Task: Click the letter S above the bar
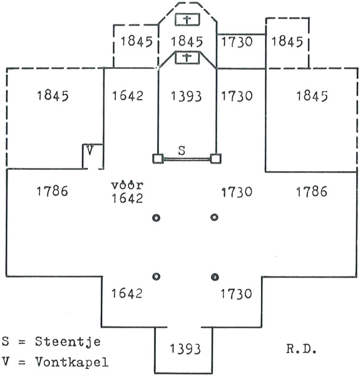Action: click(x=182, y=150)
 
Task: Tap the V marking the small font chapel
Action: click(x=90, y=150)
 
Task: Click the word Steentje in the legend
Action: click(x=68, y=342)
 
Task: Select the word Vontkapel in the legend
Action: click(x=72, y=362)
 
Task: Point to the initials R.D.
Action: click(x=301, y=350)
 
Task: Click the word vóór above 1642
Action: click(x=127, y=185)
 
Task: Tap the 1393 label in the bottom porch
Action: click(x=185, y=349)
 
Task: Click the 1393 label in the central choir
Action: click(x=186, y=96)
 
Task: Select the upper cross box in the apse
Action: click(x=187, y=19)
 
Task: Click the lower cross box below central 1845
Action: click(x=187, y=58)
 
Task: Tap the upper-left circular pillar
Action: click(x=156, y=217)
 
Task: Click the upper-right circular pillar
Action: click(x=214, y=217)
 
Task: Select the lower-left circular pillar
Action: click(x=156, y=276)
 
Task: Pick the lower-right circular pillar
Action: click(x=215, y=277)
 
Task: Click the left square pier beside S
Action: click(x=158, y=159)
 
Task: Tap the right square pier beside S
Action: click(x=215, y=159)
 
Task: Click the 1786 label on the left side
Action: click(x=52, y=191)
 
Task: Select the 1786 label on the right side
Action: click(x=312, y=192)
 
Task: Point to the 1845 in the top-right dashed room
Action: click(x=287, y=41)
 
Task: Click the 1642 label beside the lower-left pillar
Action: click(x=126, y=293)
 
